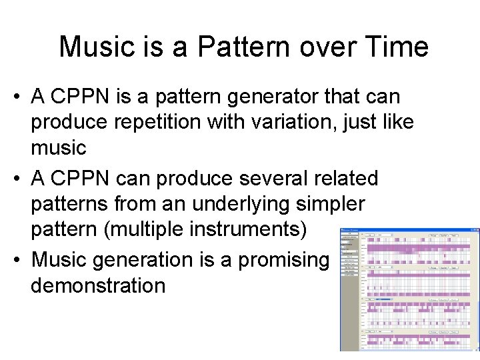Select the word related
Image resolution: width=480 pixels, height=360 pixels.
pos(347,179)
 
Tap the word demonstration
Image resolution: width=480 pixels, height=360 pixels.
pos(97,285)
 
